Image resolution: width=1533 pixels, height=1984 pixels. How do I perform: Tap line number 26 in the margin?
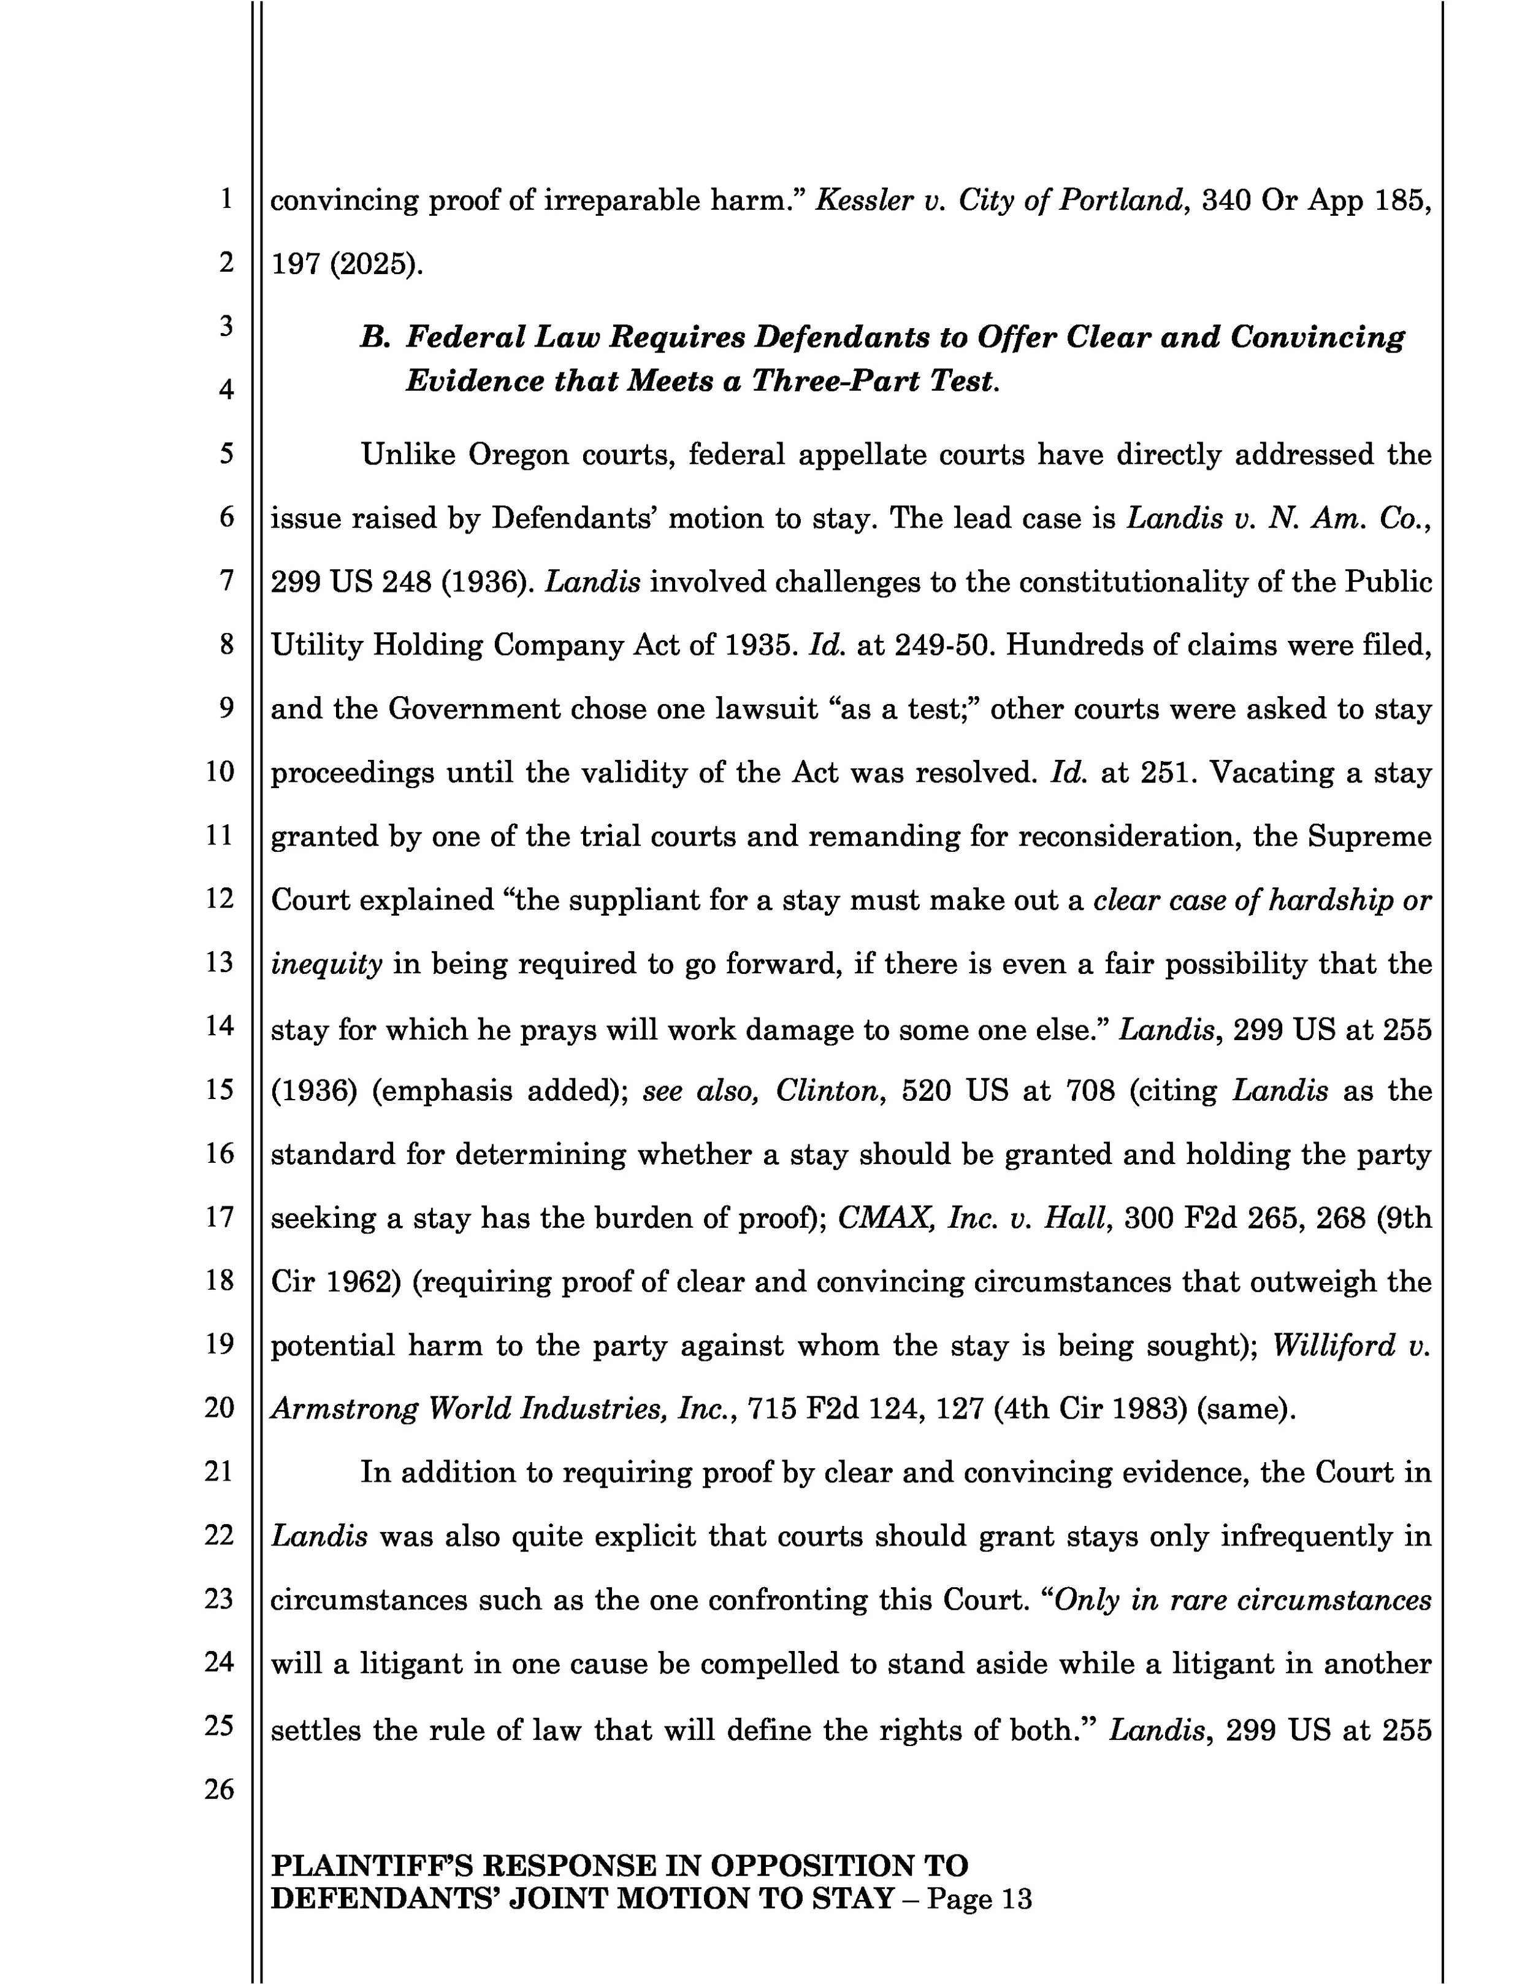(x=219, y=1790)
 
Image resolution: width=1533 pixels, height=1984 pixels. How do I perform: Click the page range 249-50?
(x=944, y=646)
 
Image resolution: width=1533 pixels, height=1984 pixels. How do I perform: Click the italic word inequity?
(x=326, y=965)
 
